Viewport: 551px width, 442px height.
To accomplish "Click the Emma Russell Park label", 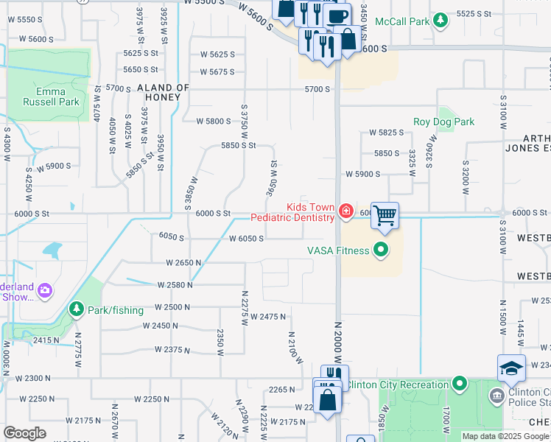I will [49, 97].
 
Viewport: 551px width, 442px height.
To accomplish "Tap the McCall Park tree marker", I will [441, 21].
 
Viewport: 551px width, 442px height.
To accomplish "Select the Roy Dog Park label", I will [443, 122].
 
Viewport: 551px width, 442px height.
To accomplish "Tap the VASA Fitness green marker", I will [381, 250].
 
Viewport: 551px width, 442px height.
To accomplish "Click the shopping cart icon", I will [385, 216].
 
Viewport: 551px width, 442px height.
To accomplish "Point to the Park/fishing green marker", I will [76, 310].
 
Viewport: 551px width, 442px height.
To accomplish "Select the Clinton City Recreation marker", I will [460, 384].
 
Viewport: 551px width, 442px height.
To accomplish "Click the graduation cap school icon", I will [511, 368].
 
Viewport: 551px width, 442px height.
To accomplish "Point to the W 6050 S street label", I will [246, 239].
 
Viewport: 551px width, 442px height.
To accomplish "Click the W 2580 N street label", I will [175, 284].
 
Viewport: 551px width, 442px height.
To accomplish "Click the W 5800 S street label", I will [214, 121].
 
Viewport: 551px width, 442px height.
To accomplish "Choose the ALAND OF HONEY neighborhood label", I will [164, 92].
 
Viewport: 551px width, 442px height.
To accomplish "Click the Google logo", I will [25, 433].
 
